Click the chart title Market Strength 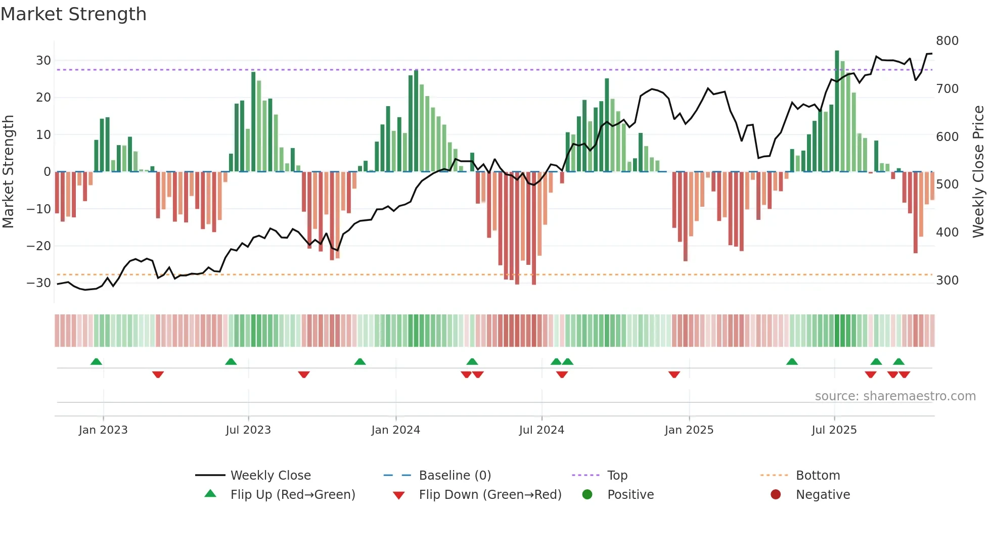(x=74, y=14)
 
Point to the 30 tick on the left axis (x=43, y=61)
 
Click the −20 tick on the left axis (x=39, y=246)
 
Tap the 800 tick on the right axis (x=947, y=41)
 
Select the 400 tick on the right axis (x=947, y=233)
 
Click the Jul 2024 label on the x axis (x=542, y=430)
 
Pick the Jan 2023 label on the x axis (x=103, y=430)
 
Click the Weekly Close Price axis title (x=978, y=172)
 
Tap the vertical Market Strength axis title (x=8, y=172)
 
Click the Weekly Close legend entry (x=271, y=476)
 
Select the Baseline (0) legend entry (x=455, y=476)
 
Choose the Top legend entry (x=617, y=476)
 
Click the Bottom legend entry (x=818, y=476)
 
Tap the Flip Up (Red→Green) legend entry (x=293, y=495)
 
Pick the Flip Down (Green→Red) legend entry (x=490, y=495)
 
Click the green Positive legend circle (x=587, y=494)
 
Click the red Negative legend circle (x=776, y=494)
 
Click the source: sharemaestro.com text (x=895, y=396)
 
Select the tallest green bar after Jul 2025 (x=837, y=111)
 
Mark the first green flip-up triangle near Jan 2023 (x=96, y=361)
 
